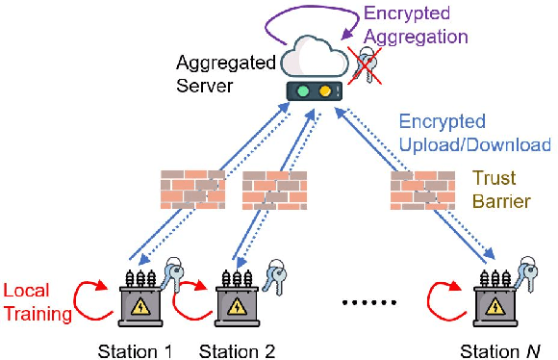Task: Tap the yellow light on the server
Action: point(326,93)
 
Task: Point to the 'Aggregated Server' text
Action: point(228,73)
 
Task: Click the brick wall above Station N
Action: point(421,190)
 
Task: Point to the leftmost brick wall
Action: point(192,189)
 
